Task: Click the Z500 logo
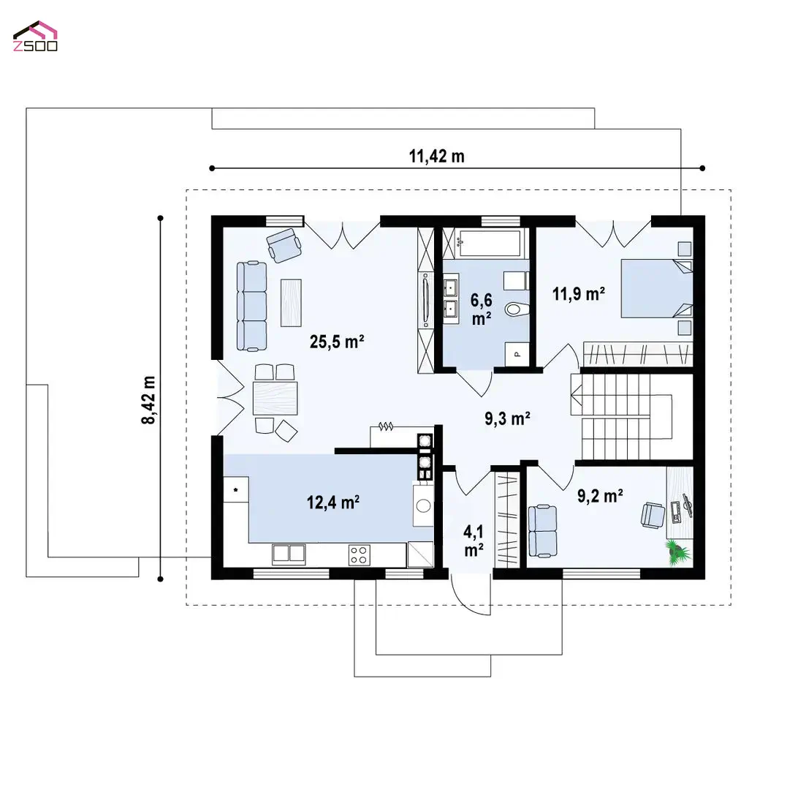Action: [x=35, y=37]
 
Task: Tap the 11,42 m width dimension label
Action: [x=436, y=157]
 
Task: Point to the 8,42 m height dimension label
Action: [x=148, y=400]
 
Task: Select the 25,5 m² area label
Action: [x=337, y=342]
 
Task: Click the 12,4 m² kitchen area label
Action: [x=333, y=502]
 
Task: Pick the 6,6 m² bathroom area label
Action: [x=482, y=309]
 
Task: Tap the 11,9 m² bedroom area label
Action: [x=579, y=293]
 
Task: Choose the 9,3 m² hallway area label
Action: [x=507, y=418]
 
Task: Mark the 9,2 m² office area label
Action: [x=600, y=496]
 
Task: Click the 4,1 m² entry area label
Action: [x=474, y=541]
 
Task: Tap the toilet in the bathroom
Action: [x=517, y=309]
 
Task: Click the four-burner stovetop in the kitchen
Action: [x=360, y=555]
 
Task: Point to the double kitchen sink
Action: [x=289, y=554]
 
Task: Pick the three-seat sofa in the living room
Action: [x=251, y=306]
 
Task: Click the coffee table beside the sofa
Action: [x=291, y=303]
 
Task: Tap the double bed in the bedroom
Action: [x=657, y=288]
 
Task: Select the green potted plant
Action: [x=678, y=552]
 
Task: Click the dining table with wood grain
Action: [x=275, y=398]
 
